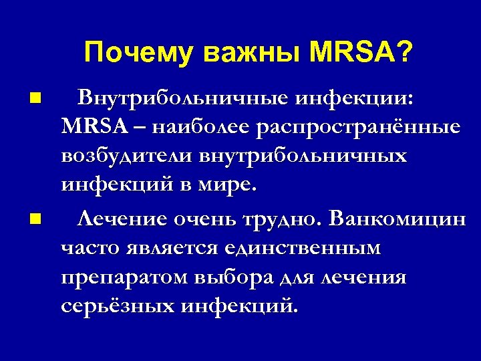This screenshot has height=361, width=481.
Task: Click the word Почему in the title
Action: [x=139, y=53]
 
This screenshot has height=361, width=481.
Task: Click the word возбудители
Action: [x=128, y=156]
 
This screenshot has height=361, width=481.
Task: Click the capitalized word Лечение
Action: [x=124, y=219]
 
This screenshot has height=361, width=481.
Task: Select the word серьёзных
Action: [x=117, y=306]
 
